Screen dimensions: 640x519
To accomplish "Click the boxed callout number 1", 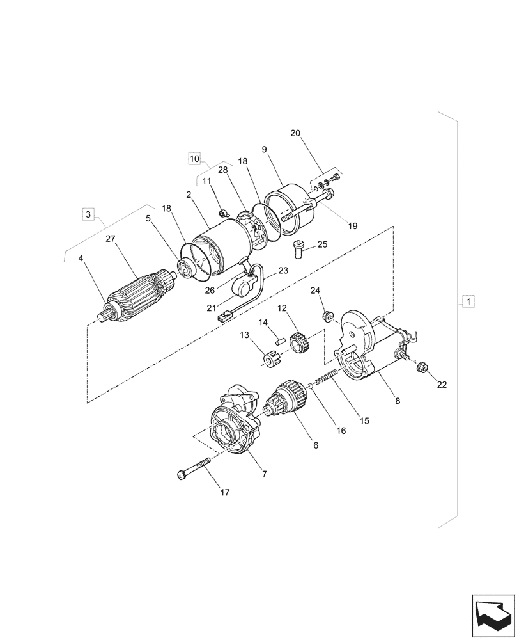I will coord(469,301).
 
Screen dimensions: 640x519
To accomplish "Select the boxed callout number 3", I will coord(89,213).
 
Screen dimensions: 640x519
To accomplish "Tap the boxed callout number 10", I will coord(195,157).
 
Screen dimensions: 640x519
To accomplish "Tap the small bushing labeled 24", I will coord(327,316).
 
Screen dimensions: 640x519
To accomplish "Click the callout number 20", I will coord(295,134).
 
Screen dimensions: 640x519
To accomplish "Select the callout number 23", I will coord(283,271).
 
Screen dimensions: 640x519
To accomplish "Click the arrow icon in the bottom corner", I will coord(493,614).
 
